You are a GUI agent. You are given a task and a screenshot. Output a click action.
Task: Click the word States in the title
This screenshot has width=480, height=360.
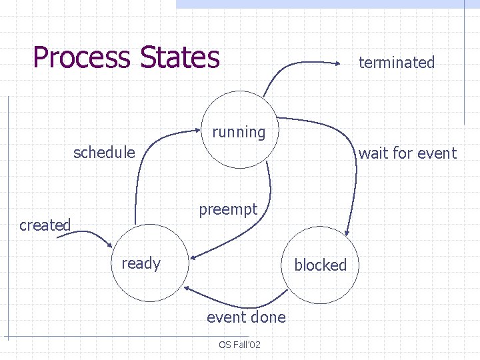pyautogui.click(x=179, y=57)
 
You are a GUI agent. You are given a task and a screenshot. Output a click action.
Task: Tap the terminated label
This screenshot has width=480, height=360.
pyautogui.click(x=397, y=63)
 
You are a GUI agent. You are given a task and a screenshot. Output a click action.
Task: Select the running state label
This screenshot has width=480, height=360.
pyautogui.click(x=239, y=132)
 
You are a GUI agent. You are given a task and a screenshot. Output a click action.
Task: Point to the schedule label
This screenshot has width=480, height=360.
pyautogui.click(x=104, y=153)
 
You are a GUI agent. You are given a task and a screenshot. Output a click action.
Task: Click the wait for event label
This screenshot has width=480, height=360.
pyautogui.click(x=407, y=153)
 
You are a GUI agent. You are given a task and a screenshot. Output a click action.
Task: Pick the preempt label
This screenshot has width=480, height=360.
pyautogui.click(x=228, y=210)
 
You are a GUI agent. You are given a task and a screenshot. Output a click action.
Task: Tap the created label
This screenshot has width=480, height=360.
pyautogui.click(x=45, y=225)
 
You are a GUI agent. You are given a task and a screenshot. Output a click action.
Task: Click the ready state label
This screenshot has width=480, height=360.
pyautogui.click(x=141, y=263)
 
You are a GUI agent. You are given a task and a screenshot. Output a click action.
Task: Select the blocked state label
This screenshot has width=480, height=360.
pyautogui.click(x=321, y=265)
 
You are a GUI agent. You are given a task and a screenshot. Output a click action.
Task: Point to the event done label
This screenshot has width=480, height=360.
pyautogui.click(x=246, y=317)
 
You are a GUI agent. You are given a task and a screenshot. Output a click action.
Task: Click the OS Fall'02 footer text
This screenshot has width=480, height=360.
pyautogui.click(x=239, y=345)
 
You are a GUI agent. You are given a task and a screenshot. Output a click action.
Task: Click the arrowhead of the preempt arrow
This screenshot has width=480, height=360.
pyautogui.click(x=193, y=256)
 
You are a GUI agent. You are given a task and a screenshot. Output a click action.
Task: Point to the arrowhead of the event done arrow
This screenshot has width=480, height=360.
pyautogui.click(x=189, y=289)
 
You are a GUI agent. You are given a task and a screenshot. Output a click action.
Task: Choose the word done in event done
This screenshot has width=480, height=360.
pyautogui.click(x=269, y=317)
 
